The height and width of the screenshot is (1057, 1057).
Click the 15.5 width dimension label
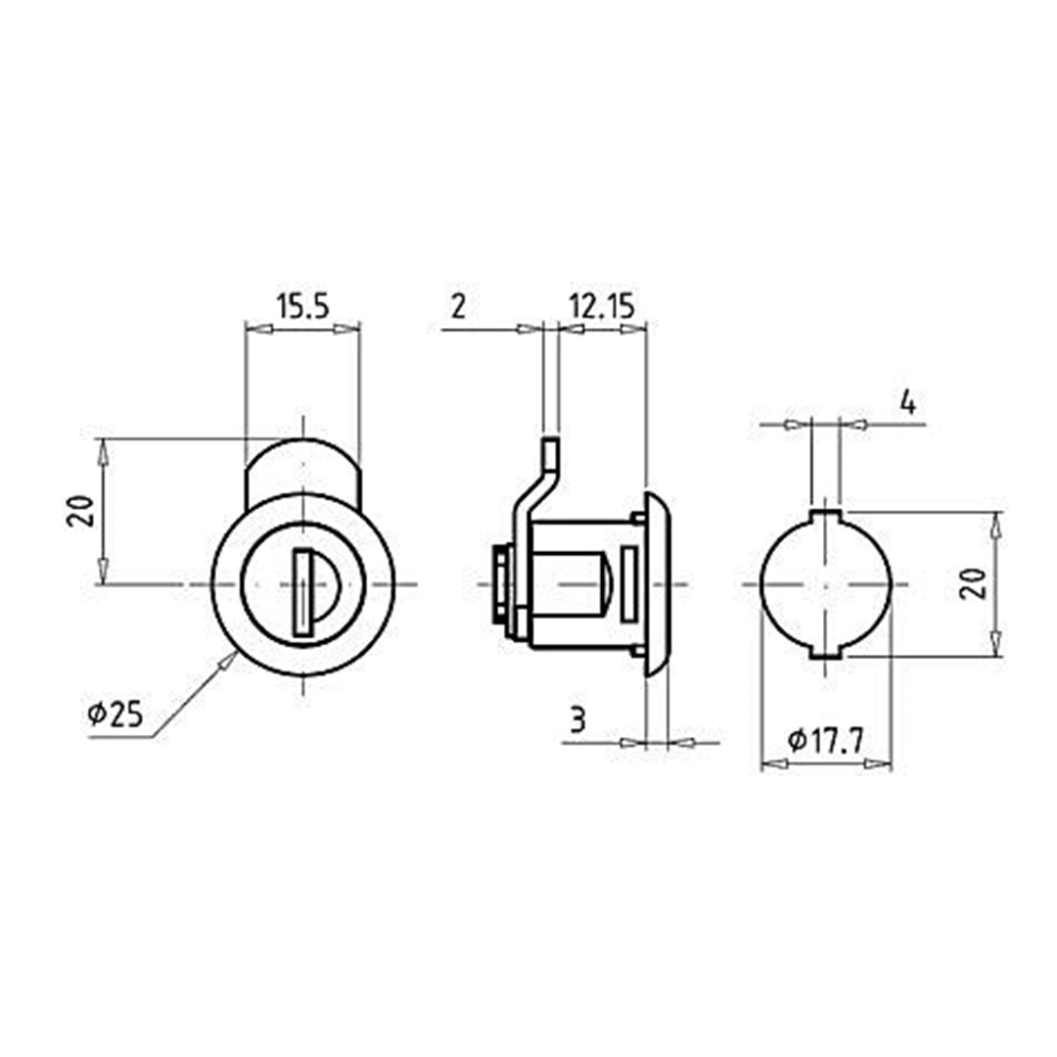point(302,307)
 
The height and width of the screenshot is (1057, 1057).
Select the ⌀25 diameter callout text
point(115,714)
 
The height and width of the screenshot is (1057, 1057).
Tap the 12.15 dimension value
point(602,307)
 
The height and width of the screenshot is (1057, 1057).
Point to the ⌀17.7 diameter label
point(825,742)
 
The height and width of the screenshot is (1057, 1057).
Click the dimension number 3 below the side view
point(577,720)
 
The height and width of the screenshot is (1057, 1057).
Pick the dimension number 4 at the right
point(908,404)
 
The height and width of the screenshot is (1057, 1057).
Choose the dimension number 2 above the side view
point(458,307)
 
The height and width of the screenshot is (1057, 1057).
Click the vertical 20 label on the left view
point(80,511)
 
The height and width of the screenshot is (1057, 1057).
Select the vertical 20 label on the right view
point(974,583)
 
